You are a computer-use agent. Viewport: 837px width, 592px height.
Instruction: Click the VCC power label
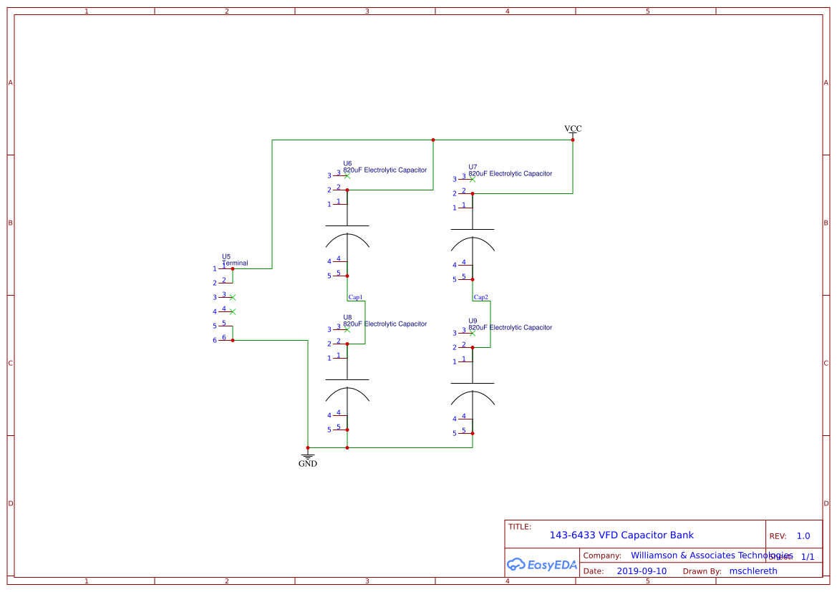573,129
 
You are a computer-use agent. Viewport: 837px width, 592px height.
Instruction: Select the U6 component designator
347,163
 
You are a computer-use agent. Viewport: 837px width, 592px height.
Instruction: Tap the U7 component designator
473,167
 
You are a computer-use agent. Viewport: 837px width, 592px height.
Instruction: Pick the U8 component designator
347,317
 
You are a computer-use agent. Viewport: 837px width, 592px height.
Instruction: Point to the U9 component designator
473,321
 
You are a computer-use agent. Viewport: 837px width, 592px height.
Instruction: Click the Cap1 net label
355,297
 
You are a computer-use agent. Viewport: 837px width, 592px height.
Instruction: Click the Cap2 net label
480,297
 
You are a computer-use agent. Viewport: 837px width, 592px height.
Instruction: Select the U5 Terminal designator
226,256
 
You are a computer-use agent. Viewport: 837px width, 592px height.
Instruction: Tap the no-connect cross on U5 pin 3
233,297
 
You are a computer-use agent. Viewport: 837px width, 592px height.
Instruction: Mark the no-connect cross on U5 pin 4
233,311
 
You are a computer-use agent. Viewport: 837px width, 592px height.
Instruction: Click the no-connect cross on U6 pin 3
347,175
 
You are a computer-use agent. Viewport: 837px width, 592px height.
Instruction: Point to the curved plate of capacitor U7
473,243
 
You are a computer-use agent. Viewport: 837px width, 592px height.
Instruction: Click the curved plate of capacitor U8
347,394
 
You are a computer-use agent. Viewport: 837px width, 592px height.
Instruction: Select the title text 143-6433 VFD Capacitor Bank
621,535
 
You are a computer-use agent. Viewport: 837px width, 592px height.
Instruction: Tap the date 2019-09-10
642,571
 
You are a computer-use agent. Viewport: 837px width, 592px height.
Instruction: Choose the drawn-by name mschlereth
753,571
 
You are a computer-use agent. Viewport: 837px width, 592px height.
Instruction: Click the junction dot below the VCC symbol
573,140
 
